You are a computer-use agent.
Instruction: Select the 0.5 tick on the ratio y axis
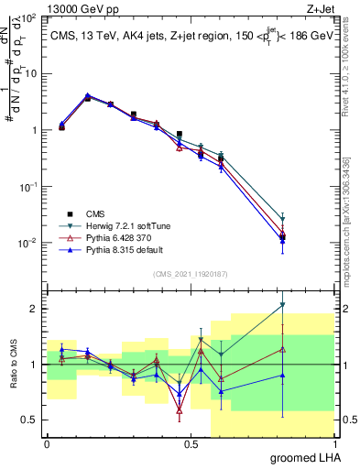(32, 420)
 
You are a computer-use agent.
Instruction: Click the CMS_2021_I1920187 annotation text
(190, 274)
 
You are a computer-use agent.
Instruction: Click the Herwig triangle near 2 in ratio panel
(283, 305)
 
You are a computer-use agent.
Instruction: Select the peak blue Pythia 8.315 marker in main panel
(87, 95)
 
